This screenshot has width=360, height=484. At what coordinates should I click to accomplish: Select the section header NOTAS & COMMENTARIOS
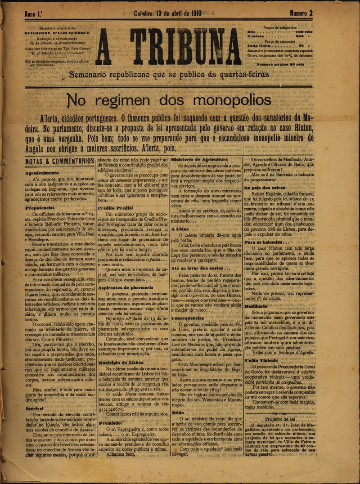click(60, 161)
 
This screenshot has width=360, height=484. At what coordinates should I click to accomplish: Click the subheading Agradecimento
click(42, 173)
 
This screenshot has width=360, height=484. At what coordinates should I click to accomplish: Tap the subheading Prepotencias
click(40, 208)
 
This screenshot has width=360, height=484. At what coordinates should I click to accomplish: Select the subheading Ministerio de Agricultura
click(199, 160)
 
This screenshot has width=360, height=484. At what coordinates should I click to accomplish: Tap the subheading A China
click(180, 229)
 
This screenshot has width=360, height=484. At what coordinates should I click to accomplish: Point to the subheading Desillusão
click(256, 305)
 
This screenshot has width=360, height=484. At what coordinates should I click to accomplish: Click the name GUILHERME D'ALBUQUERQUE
click(58, 32)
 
